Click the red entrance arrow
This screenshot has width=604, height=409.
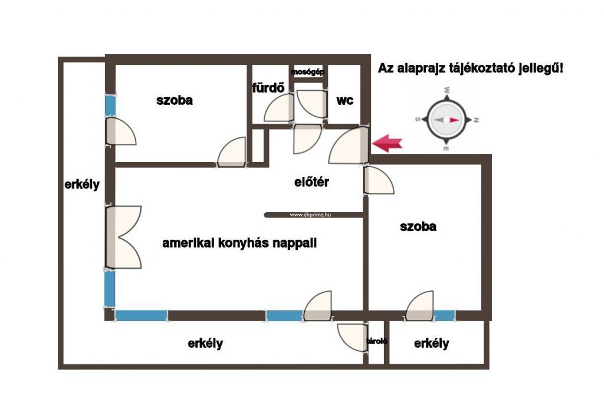point(387,144)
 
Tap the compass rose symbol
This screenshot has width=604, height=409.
point(447,120)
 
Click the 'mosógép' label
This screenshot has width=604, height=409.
point(308,72)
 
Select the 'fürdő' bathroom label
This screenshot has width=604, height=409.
point(268,88)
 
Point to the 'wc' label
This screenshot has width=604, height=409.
point(344,100)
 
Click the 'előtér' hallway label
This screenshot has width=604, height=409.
point(311,182)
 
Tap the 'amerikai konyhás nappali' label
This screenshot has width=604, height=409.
point(239,243)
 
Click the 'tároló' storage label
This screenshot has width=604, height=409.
point(377,341)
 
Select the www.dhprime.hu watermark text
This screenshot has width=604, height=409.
point(310,215)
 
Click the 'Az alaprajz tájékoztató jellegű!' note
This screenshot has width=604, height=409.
point(470,68)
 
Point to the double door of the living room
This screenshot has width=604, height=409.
point(123,237)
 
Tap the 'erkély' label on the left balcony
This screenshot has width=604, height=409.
point(82,184)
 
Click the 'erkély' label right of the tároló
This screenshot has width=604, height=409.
point(431,343)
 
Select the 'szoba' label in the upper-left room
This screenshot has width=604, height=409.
point(175,100)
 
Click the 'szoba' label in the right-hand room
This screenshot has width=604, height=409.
point(418,227)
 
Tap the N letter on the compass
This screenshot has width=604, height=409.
point(476,120)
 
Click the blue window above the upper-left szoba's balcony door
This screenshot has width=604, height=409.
point(110,105)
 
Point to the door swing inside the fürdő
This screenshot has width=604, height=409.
point(278,108)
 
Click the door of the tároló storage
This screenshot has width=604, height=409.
point(352,337)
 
